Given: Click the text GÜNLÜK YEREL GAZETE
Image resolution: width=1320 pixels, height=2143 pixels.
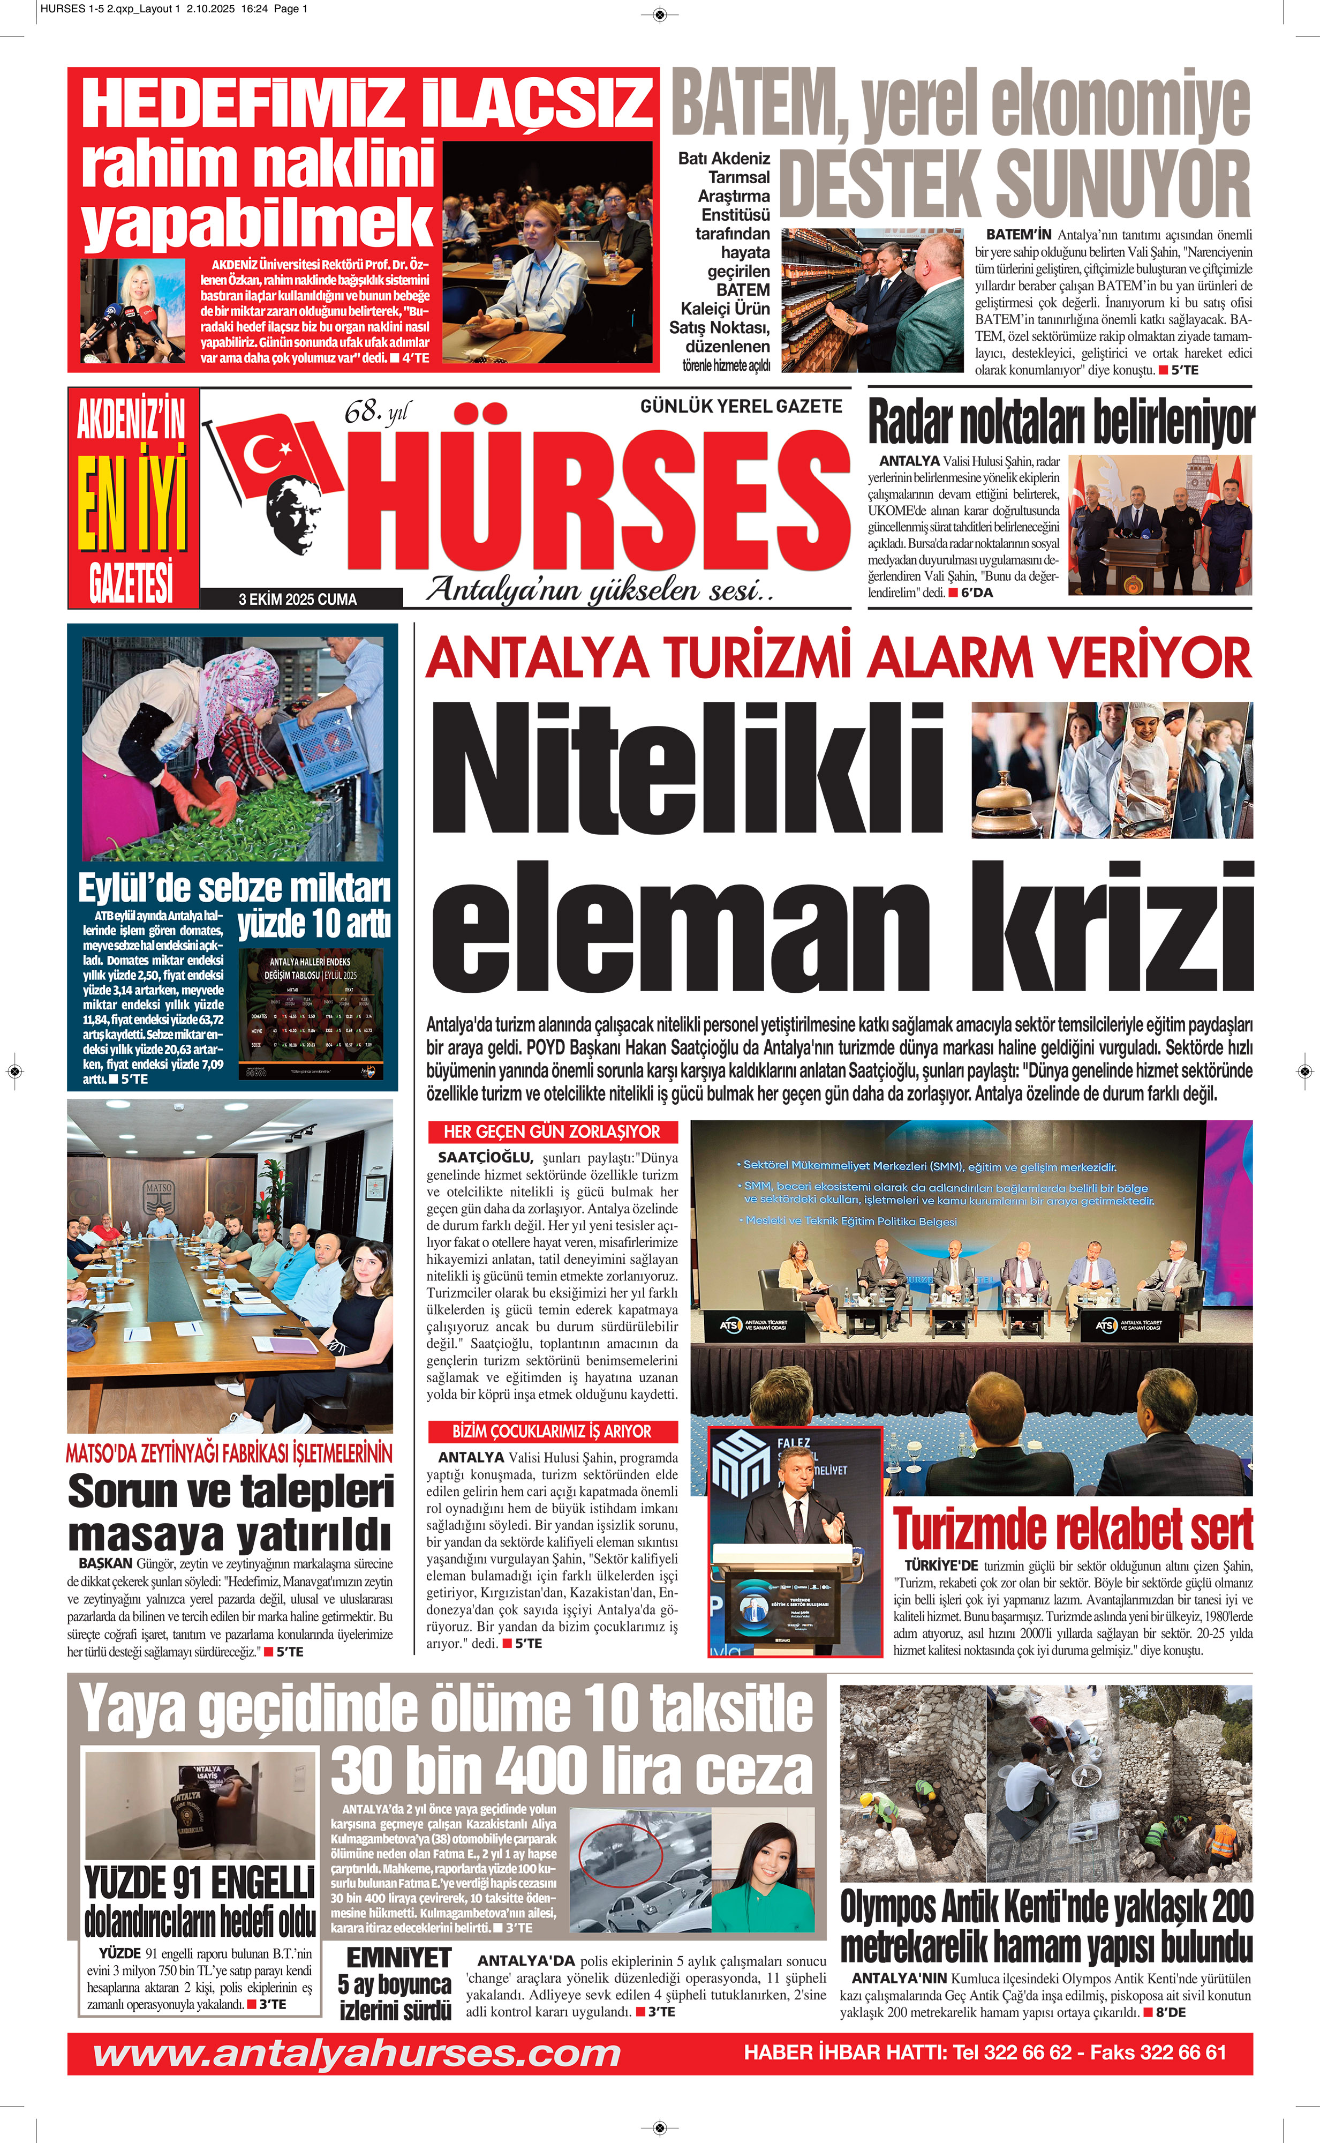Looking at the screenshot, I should pyautogui.click(x=740, y=406).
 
